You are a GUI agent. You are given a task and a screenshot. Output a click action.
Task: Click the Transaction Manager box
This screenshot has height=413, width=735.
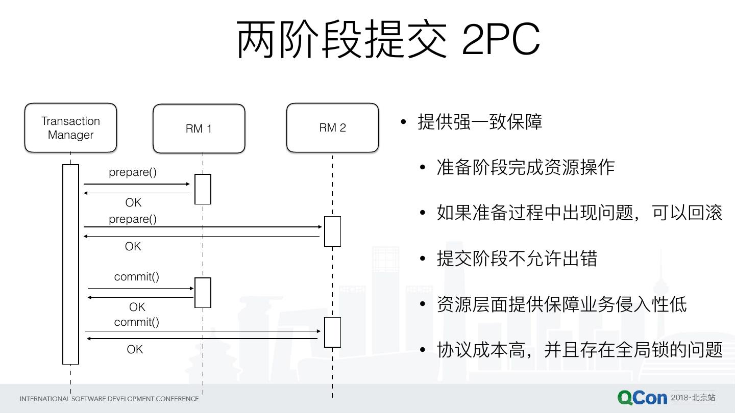70,128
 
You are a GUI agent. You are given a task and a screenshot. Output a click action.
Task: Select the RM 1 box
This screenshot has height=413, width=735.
199,128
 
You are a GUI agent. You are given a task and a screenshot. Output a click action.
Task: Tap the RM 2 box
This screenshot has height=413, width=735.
332,127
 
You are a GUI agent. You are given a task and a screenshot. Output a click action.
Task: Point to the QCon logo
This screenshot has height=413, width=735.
642,398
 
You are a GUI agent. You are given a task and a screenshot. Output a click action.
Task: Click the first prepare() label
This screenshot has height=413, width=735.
133,172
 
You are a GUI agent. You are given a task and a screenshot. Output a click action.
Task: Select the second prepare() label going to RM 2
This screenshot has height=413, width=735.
133,219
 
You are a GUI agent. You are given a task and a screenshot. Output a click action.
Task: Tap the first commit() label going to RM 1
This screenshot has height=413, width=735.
137,277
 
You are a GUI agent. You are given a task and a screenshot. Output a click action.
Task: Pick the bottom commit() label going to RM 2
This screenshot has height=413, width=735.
137,322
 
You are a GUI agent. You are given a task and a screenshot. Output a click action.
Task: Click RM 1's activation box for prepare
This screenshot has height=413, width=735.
203,189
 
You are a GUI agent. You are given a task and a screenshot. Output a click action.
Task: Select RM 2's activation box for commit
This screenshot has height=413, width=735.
332,332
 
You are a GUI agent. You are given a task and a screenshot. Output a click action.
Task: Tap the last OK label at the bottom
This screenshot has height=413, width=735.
135,350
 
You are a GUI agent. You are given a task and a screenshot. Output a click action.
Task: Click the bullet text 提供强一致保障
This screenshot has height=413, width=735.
480,122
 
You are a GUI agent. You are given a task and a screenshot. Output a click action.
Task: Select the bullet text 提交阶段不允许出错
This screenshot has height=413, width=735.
517,259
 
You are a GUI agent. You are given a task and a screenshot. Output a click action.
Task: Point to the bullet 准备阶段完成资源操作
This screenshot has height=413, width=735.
526,167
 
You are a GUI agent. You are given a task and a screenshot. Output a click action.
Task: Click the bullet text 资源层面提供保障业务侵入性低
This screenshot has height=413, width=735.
561,304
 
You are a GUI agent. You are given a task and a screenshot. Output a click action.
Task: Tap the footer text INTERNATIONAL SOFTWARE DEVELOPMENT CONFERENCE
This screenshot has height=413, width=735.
109,399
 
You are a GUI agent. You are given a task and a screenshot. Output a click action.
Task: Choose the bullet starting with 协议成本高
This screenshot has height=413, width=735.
579,350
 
